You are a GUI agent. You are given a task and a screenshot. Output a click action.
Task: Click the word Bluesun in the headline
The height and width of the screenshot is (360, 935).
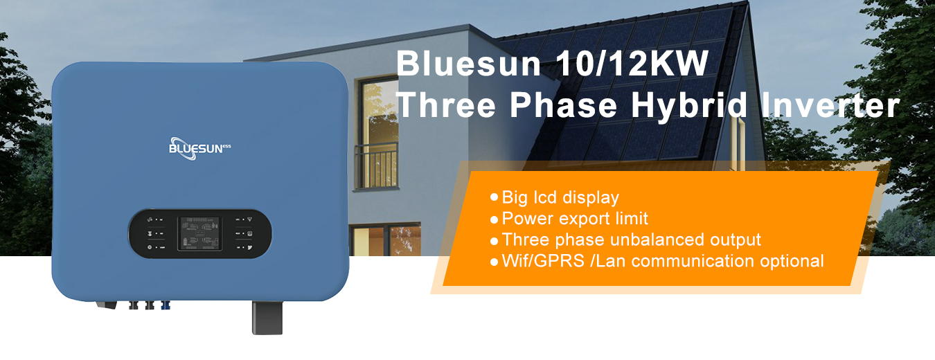click(x=468, y=64)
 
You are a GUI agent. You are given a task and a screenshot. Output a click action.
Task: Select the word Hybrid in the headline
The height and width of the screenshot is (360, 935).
click(x=689, y=105)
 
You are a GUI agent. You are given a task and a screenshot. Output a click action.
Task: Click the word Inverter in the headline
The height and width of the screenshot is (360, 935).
click(x=830, y=105)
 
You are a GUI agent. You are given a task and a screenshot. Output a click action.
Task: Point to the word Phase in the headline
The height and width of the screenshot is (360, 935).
click(x=563, y=105)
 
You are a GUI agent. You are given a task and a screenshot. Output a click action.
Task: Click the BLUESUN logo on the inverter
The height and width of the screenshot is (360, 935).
click(x=199, y=149)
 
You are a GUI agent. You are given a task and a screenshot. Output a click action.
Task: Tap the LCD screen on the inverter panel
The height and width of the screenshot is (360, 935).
click(x=199, y=233)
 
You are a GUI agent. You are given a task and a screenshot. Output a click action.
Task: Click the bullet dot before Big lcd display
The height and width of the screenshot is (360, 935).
click(x=495, y=197)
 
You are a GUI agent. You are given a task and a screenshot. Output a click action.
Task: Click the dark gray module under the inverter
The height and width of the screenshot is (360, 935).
click(x=267, y=318)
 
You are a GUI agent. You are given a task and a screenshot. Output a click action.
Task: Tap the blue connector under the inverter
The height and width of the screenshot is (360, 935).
click(x=166, y=305)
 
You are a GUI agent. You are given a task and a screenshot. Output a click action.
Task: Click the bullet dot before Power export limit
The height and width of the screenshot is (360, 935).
click(x=495, y=219)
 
